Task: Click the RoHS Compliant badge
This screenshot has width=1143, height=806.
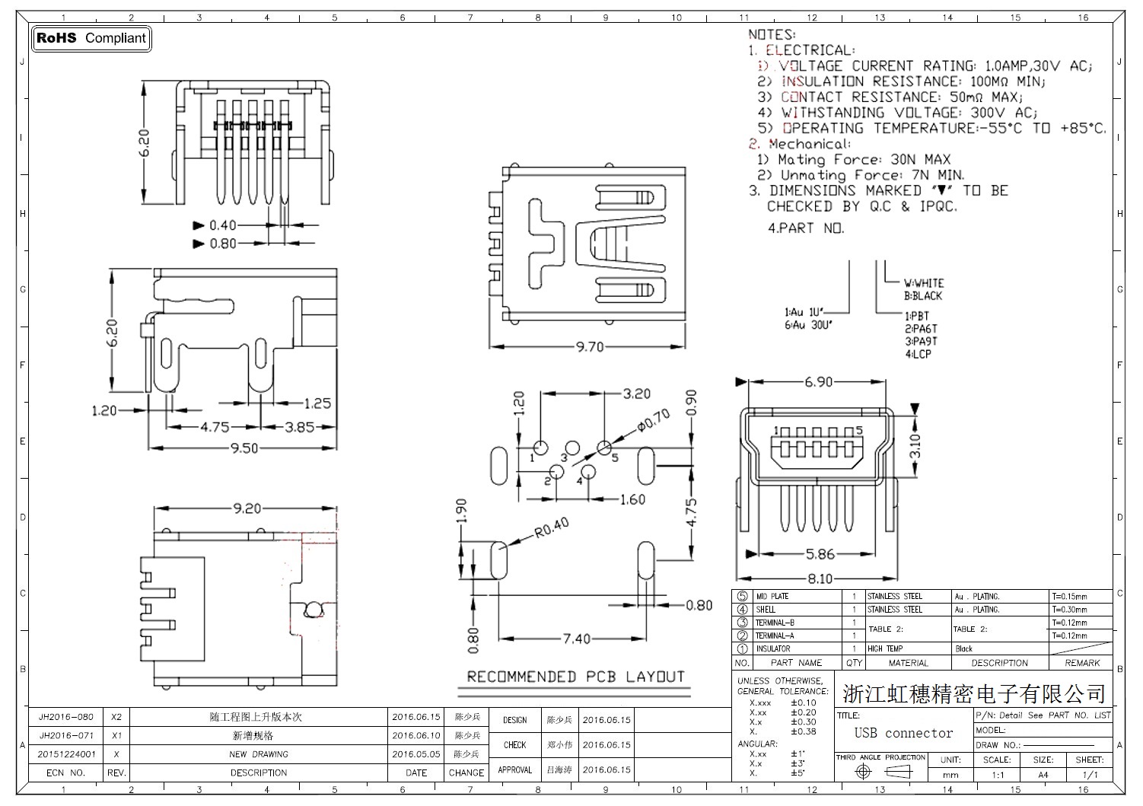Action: coord(91,38)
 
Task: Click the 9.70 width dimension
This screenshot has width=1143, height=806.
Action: coord(589,347)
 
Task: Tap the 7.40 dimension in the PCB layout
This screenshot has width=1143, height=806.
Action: coord(576,639)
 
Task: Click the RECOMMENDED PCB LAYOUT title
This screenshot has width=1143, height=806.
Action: coord(575,677)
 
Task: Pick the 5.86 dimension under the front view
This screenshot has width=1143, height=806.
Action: coord(820,554)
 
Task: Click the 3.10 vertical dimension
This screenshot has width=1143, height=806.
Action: coord(915,445)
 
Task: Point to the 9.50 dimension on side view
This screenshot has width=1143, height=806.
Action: coord(244,448)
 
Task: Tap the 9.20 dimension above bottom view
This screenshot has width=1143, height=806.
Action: coord(247,508)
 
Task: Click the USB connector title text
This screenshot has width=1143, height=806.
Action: coord(903,733)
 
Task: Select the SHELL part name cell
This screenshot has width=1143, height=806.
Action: coord(766,610)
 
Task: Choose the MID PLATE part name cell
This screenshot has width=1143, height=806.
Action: coord(772,597)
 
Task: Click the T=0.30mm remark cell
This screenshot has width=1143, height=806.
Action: coord(1069,610)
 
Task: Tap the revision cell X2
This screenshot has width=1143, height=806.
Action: coord(116,717)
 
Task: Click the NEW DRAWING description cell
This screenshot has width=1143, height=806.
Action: coord(259,754)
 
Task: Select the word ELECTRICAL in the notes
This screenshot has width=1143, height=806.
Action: coord(810,50)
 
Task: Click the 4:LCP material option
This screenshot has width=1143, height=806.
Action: coord(918,354)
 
